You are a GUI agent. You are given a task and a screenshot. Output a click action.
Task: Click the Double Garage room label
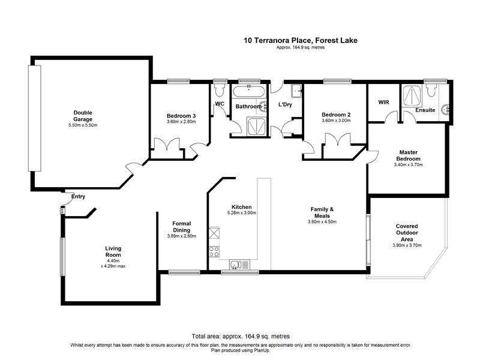(x=83, y=116)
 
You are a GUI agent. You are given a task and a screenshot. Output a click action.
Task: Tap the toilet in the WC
(x=219, y=89)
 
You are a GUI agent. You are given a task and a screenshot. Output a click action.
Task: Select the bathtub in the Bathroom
(x=249, y=92)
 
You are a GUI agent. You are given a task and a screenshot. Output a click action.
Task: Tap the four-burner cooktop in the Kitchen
(x=214, y=252)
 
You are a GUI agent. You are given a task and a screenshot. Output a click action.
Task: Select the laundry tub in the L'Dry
(x=297, y=91)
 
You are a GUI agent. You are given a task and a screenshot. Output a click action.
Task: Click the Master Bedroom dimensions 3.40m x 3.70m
(x=409, y=164)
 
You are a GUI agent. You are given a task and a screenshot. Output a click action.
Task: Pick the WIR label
(x=383, y=102)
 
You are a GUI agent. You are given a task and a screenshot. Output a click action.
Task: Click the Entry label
(x=78, y=197)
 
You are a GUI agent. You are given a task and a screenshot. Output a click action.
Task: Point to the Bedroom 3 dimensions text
(x=181, y=122)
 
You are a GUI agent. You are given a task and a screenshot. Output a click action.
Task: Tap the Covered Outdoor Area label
(x=407, y=233)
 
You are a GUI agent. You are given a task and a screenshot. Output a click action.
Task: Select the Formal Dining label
(x=182, y=227)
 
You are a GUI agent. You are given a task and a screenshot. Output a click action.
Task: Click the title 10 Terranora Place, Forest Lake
(x=301, y=40)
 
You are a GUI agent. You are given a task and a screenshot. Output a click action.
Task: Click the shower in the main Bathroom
(x=256, y=126)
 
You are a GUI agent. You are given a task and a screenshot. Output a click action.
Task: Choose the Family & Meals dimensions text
(x=322, y=221)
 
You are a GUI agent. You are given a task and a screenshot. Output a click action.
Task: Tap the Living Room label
(x=113, y=251)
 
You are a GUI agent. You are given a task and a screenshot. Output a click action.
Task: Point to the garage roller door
(x=35, y=118)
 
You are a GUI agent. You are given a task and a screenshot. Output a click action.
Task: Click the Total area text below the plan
(x=241, y=337)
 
